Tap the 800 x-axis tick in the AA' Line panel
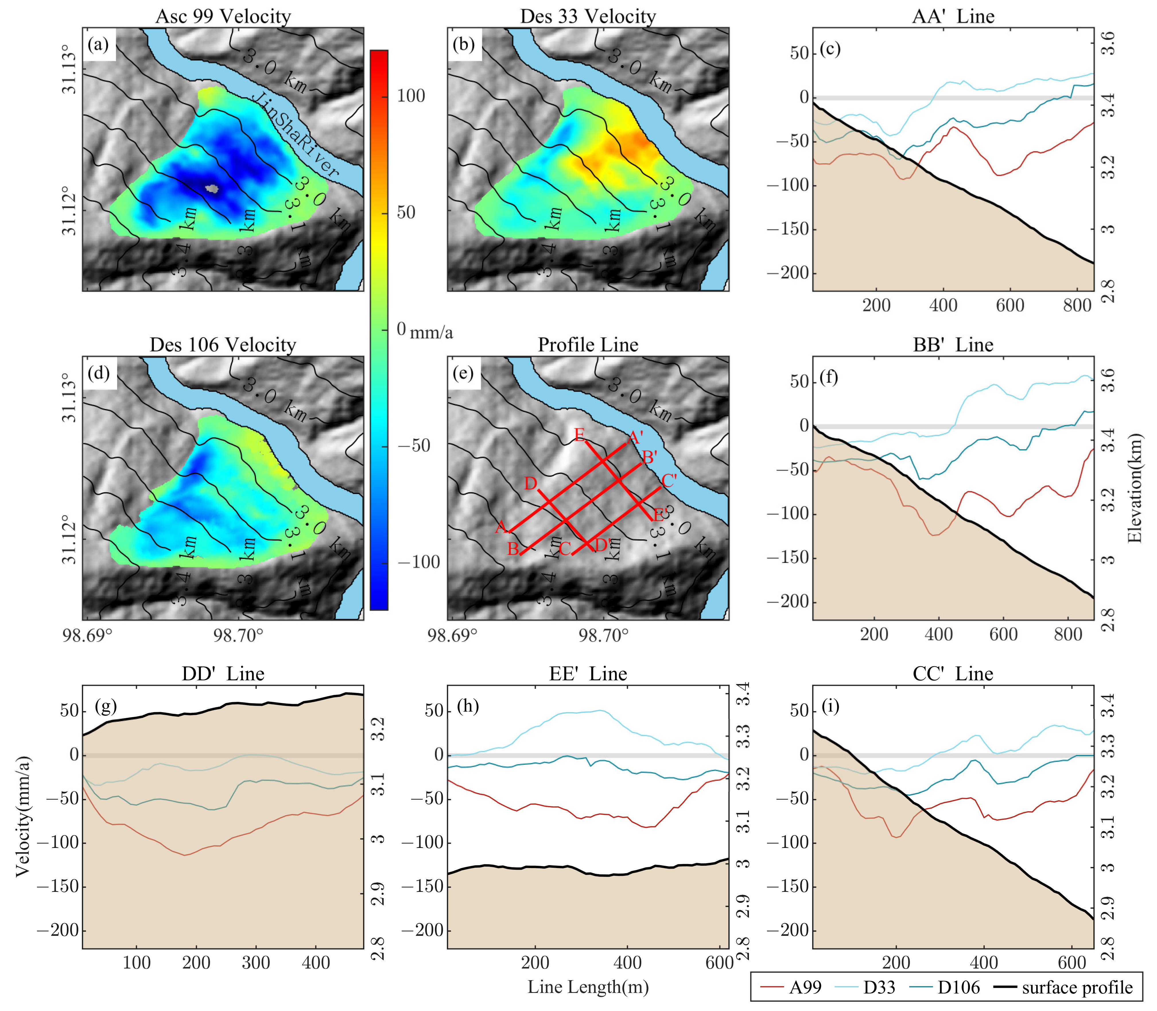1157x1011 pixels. [x=1077, y=306]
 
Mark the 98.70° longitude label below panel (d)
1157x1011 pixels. [x=238, y=636]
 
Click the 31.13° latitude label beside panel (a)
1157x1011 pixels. [x=69, y=73]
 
